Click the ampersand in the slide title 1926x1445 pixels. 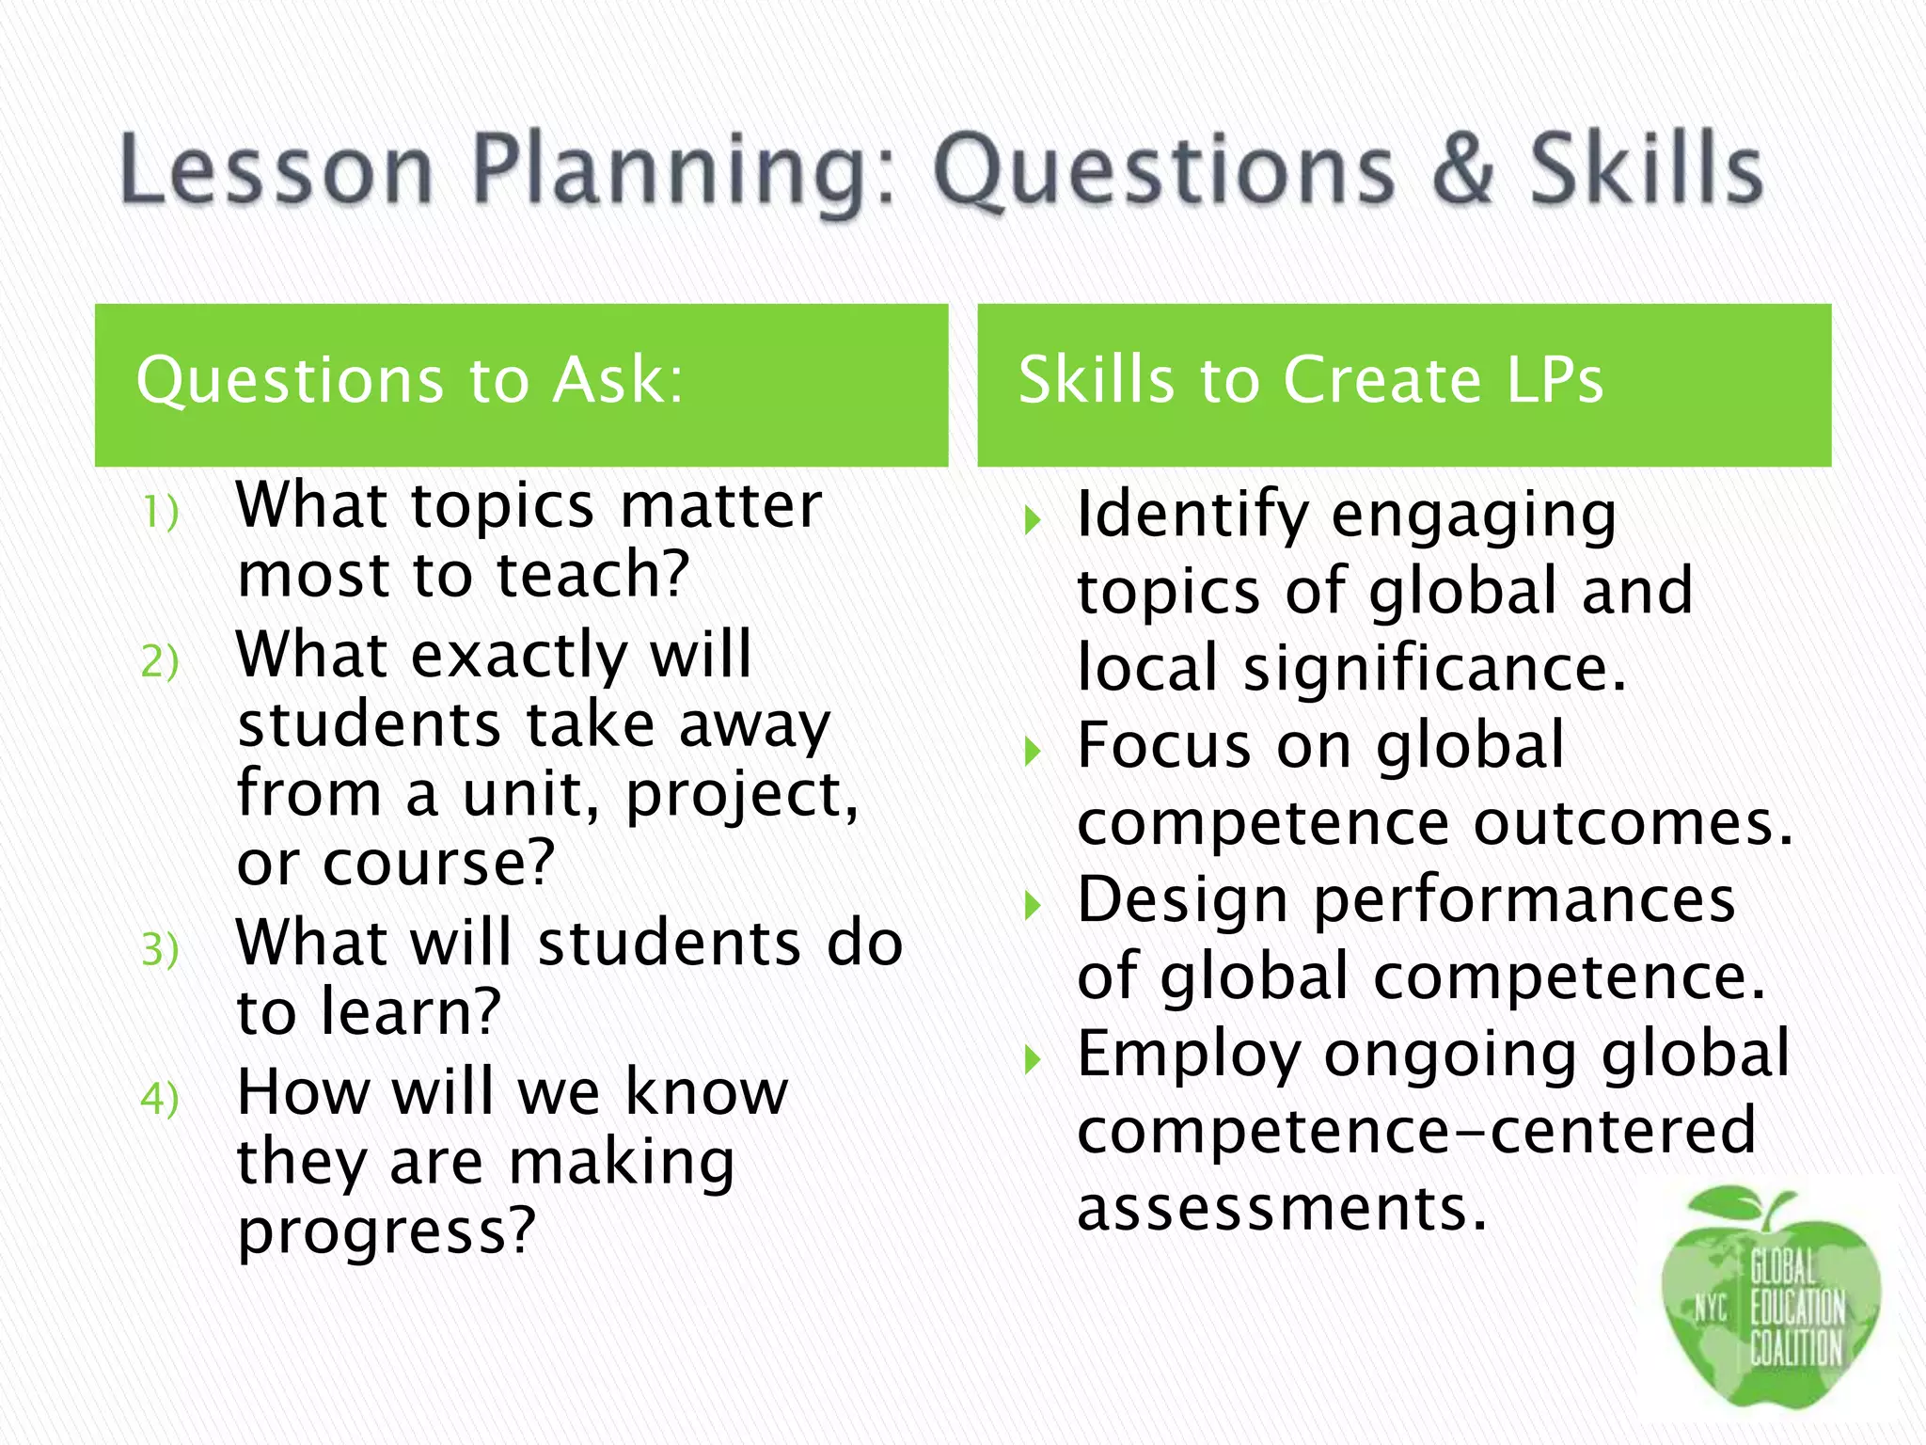click(1463, 169)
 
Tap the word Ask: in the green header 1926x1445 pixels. click(618, 380)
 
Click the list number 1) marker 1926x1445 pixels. click(160, 514)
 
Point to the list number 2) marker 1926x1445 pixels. click(160, 661)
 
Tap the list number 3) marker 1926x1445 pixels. click(160, 949)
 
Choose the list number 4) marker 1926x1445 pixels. click(160, 1098)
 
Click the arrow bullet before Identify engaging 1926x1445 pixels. click(1033, 520)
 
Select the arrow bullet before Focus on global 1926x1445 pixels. click(1033, 752)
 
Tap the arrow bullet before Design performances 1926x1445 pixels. click(1033, 906)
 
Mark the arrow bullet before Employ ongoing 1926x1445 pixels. click(1033, 1060)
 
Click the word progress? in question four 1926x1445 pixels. click(387, 1231)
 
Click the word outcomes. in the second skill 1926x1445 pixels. click(1633, 823)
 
